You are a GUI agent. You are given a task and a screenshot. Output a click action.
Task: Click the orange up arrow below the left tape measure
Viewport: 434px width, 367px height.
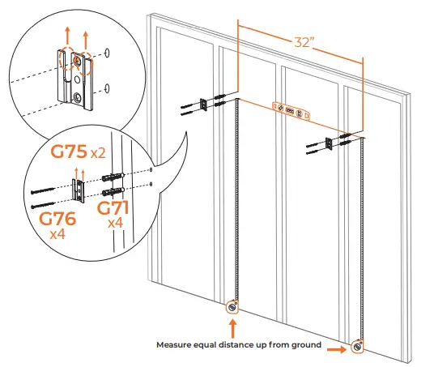point(233,329)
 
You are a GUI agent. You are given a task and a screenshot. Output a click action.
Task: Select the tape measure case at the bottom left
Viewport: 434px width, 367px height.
point(233,308)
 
